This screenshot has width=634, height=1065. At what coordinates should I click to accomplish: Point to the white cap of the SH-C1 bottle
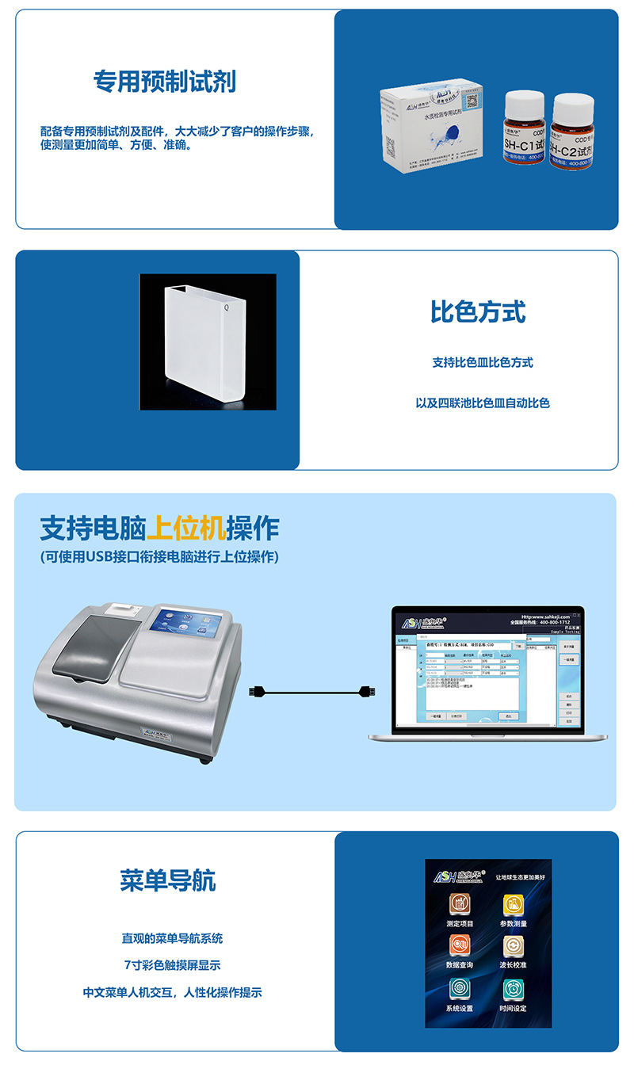click(x=524, y=101)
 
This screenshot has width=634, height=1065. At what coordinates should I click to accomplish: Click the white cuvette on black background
click(x=208, y=342)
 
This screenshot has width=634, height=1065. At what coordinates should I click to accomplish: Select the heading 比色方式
click(x=478, y=311)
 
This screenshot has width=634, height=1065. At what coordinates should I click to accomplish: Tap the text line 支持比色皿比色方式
click(x=483, y=362)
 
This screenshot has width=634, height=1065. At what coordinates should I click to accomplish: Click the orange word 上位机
click(x=186, y=528)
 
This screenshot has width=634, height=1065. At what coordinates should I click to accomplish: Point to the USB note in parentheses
click(x=159, y=557)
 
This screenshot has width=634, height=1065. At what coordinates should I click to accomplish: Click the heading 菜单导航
click(x=168, y=880)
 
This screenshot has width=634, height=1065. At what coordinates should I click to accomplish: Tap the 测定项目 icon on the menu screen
click(x=460, y=905)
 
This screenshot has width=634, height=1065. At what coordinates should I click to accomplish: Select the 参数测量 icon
click(x=514, y=905)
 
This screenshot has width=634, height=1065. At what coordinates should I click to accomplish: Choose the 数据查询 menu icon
click(x=460, y=946)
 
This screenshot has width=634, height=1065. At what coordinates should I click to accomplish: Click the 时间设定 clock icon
click(x=514, y=990)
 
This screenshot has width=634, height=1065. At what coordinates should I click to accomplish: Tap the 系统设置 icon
click(x=460, y=990)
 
